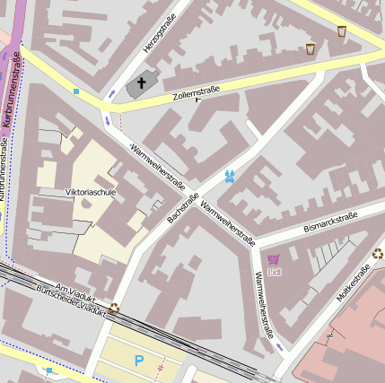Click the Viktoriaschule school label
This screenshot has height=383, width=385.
[91, 191]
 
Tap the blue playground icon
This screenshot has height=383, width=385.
[231, 177]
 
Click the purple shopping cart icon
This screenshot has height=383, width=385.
[274, 258]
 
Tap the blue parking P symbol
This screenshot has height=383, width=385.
[138, 360]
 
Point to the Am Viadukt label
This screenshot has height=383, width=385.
[74, 290]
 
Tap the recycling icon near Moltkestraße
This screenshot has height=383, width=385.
[377, 253]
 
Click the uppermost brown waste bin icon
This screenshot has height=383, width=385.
[341, 31]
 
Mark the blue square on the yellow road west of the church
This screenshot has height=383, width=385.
[76, 91]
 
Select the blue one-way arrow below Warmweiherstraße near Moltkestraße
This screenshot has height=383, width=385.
[280, 346]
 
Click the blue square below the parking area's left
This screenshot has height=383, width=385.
[49, 370]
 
